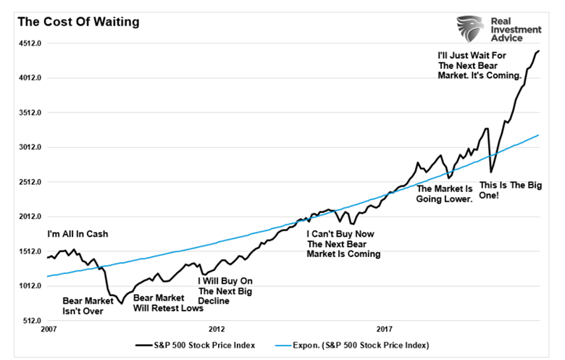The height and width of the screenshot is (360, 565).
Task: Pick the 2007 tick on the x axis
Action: click(x=49, y=329)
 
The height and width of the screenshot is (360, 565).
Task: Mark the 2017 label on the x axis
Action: click(x=385, y=329)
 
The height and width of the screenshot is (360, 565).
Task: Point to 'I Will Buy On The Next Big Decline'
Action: click(x=225, y=290)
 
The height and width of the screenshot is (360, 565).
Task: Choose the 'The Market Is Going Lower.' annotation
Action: click(x=444, y=193)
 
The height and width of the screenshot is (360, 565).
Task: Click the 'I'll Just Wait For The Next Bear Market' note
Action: click(x=480, y=65)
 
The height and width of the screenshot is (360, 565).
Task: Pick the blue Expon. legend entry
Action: click(x=356, y=345)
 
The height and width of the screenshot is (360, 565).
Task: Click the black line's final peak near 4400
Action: click(x=539, y=51)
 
